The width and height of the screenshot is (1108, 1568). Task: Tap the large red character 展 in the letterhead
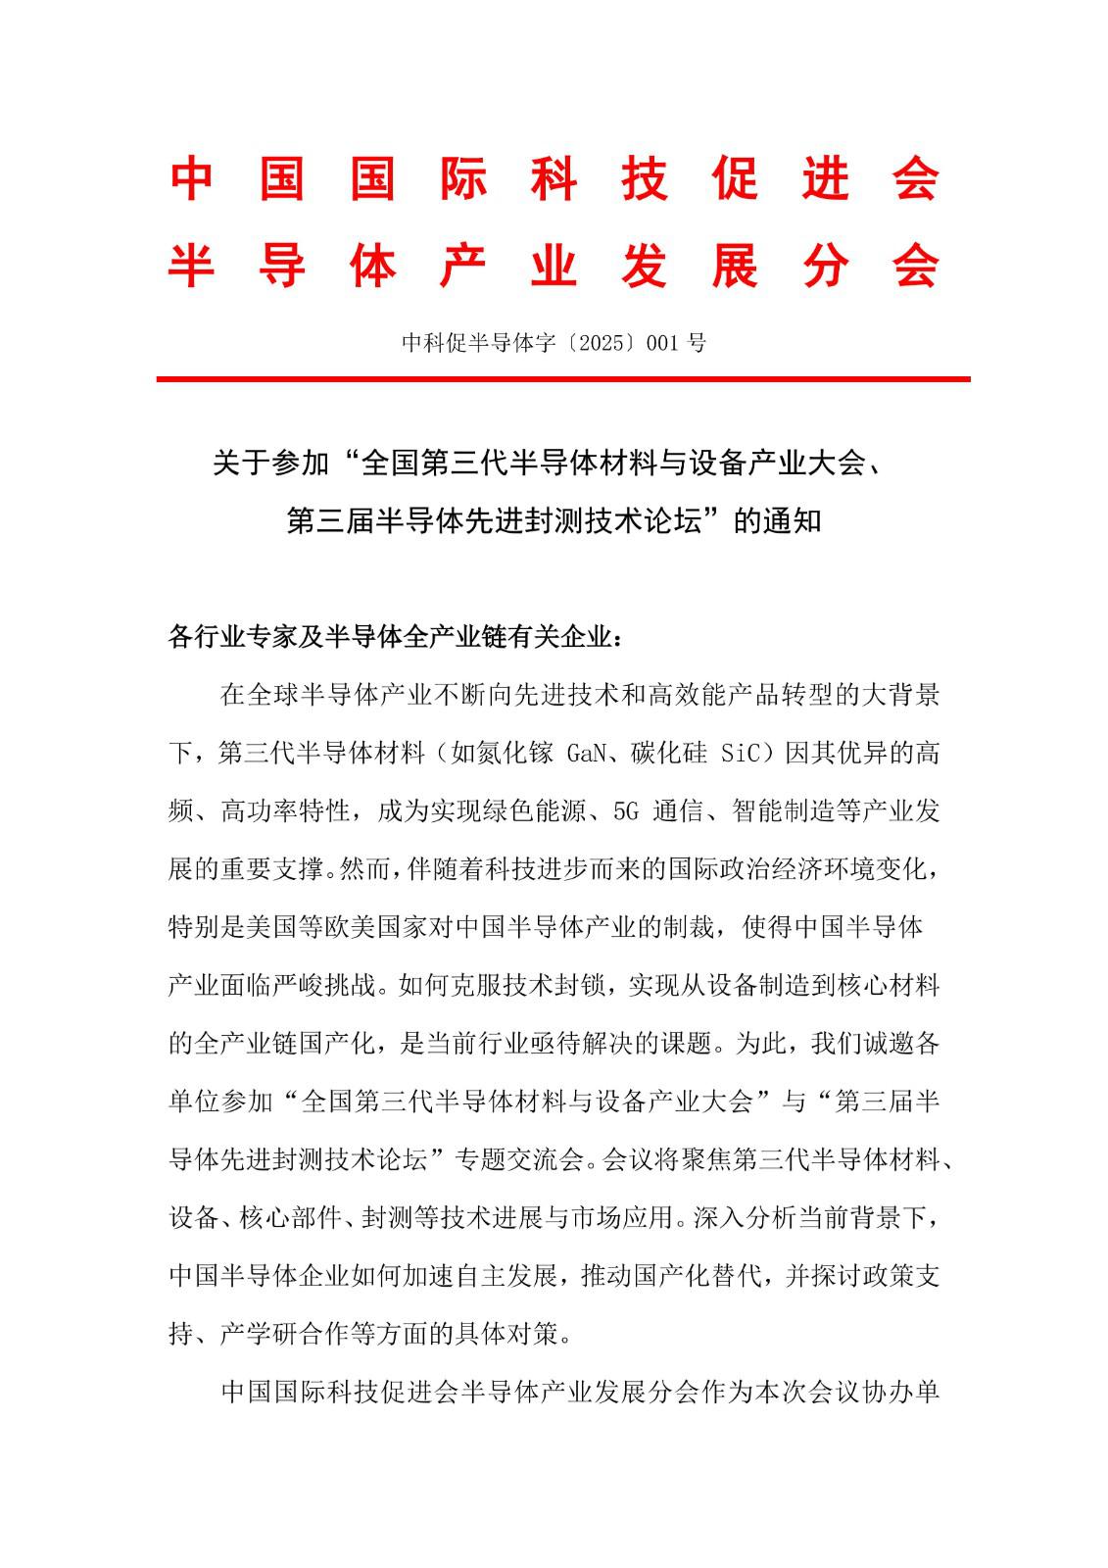click(735, 266)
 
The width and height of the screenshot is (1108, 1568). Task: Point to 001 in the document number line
click(664, 343)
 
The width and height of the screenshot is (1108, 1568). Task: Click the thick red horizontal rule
click(563, 378)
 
